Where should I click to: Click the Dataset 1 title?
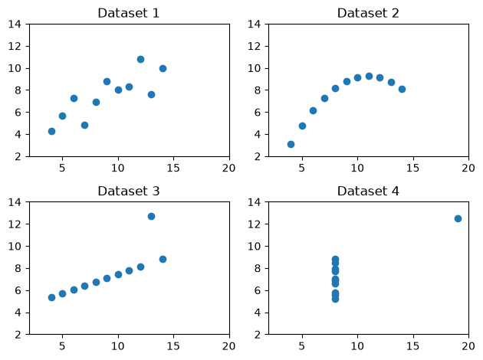(129, 13)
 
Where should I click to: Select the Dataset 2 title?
(368, 13)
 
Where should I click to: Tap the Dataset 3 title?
(129, 191)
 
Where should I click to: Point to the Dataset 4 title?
(368, 191)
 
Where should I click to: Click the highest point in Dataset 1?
(140, 60)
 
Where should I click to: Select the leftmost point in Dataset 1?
(52, 132)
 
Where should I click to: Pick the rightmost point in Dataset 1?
(163, 68)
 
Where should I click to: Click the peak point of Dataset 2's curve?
(369, 77)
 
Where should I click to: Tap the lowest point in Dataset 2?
(291, 144)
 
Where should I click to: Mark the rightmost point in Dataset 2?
(402, 89)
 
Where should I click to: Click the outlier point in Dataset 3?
(151, 216)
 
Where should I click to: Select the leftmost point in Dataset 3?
(52, 297)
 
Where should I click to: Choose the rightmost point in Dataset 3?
(163, 260)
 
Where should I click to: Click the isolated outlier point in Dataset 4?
(458, 219)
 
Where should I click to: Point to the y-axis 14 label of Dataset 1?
(15, 24)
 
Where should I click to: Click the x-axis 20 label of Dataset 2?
(468, 168)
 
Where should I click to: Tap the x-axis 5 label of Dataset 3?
(62, 346)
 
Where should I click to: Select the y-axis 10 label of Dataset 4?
(254, 246)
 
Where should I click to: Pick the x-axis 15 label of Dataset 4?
(412, 346)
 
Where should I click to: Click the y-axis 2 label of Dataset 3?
(18, 335)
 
